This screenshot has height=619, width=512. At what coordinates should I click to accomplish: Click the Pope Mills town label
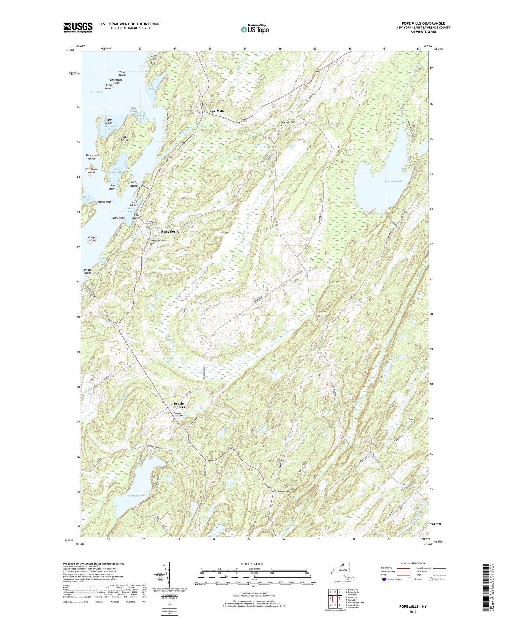(x=216, y=111)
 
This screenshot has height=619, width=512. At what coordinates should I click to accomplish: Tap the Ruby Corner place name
(x=171, y=231)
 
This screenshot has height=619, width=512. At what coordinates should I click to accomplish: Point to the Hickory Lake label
(x=394, y=181)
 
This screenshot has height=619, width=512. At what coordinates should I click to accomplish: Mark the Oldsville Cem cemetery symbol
(x=282, y=125)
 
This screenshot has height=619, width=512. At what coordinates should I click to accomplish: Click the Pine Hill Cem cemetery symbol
(x=275, y=491)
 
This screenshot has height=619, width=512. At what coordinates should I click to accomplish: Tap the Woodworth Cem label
(x=159, y=241)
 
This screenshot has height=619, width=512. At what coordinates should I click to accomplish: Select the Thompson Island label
(x=92, y=157)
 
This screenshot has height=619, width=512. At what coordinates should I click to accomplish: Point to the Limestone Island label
(x=116, y=81)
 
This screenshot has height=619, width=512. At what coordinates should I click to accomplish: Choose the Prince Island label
(x=88, y=271)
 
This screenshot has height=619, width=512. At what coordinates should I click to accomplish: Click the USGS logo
(x=78, y=27)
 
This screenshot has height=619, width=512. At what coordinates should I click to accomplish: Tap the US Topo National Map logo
(x=254, y=29)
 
